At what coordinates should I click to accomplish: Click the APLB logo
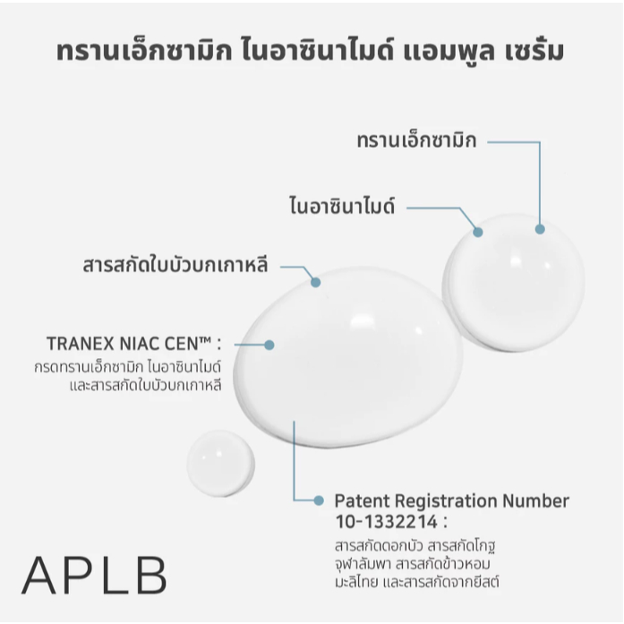[94, 575]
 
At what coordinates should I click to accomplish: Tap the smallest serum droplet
[221, 463]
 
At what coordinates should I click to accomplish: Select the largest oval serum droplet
[348, 357]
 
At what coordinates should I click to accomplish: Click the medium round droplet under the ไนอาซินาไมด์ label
[513, 283]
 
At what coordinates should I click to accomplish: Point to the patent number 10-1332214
[387, 522]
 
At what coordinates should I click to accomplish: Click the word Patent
[362, 500]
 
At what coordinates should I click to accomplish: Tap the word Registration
[446, 502]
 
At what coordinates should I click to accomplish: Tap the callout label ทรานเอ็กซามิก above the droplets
[416, 141]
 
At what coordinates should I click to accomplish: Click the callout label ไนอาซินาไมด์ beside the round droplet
[342, 206]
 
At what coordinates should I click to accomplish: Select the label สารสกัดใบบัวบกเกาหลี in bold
[175, 265]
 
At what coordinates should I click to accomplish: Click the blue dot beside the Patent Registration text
[319, 500]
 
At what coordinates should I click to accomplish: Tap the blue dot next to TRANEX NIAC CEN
[269, 345]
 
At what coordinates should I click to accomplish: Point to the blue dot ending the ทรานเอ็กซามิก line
[540, 229]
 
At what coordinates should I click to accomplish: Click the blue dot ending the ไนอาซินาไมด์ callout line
[478, 232]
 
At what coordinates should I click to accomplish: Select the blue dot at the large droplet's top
[316, 282]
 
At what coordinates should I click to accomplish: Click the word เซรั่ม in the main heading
[534, 52]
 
